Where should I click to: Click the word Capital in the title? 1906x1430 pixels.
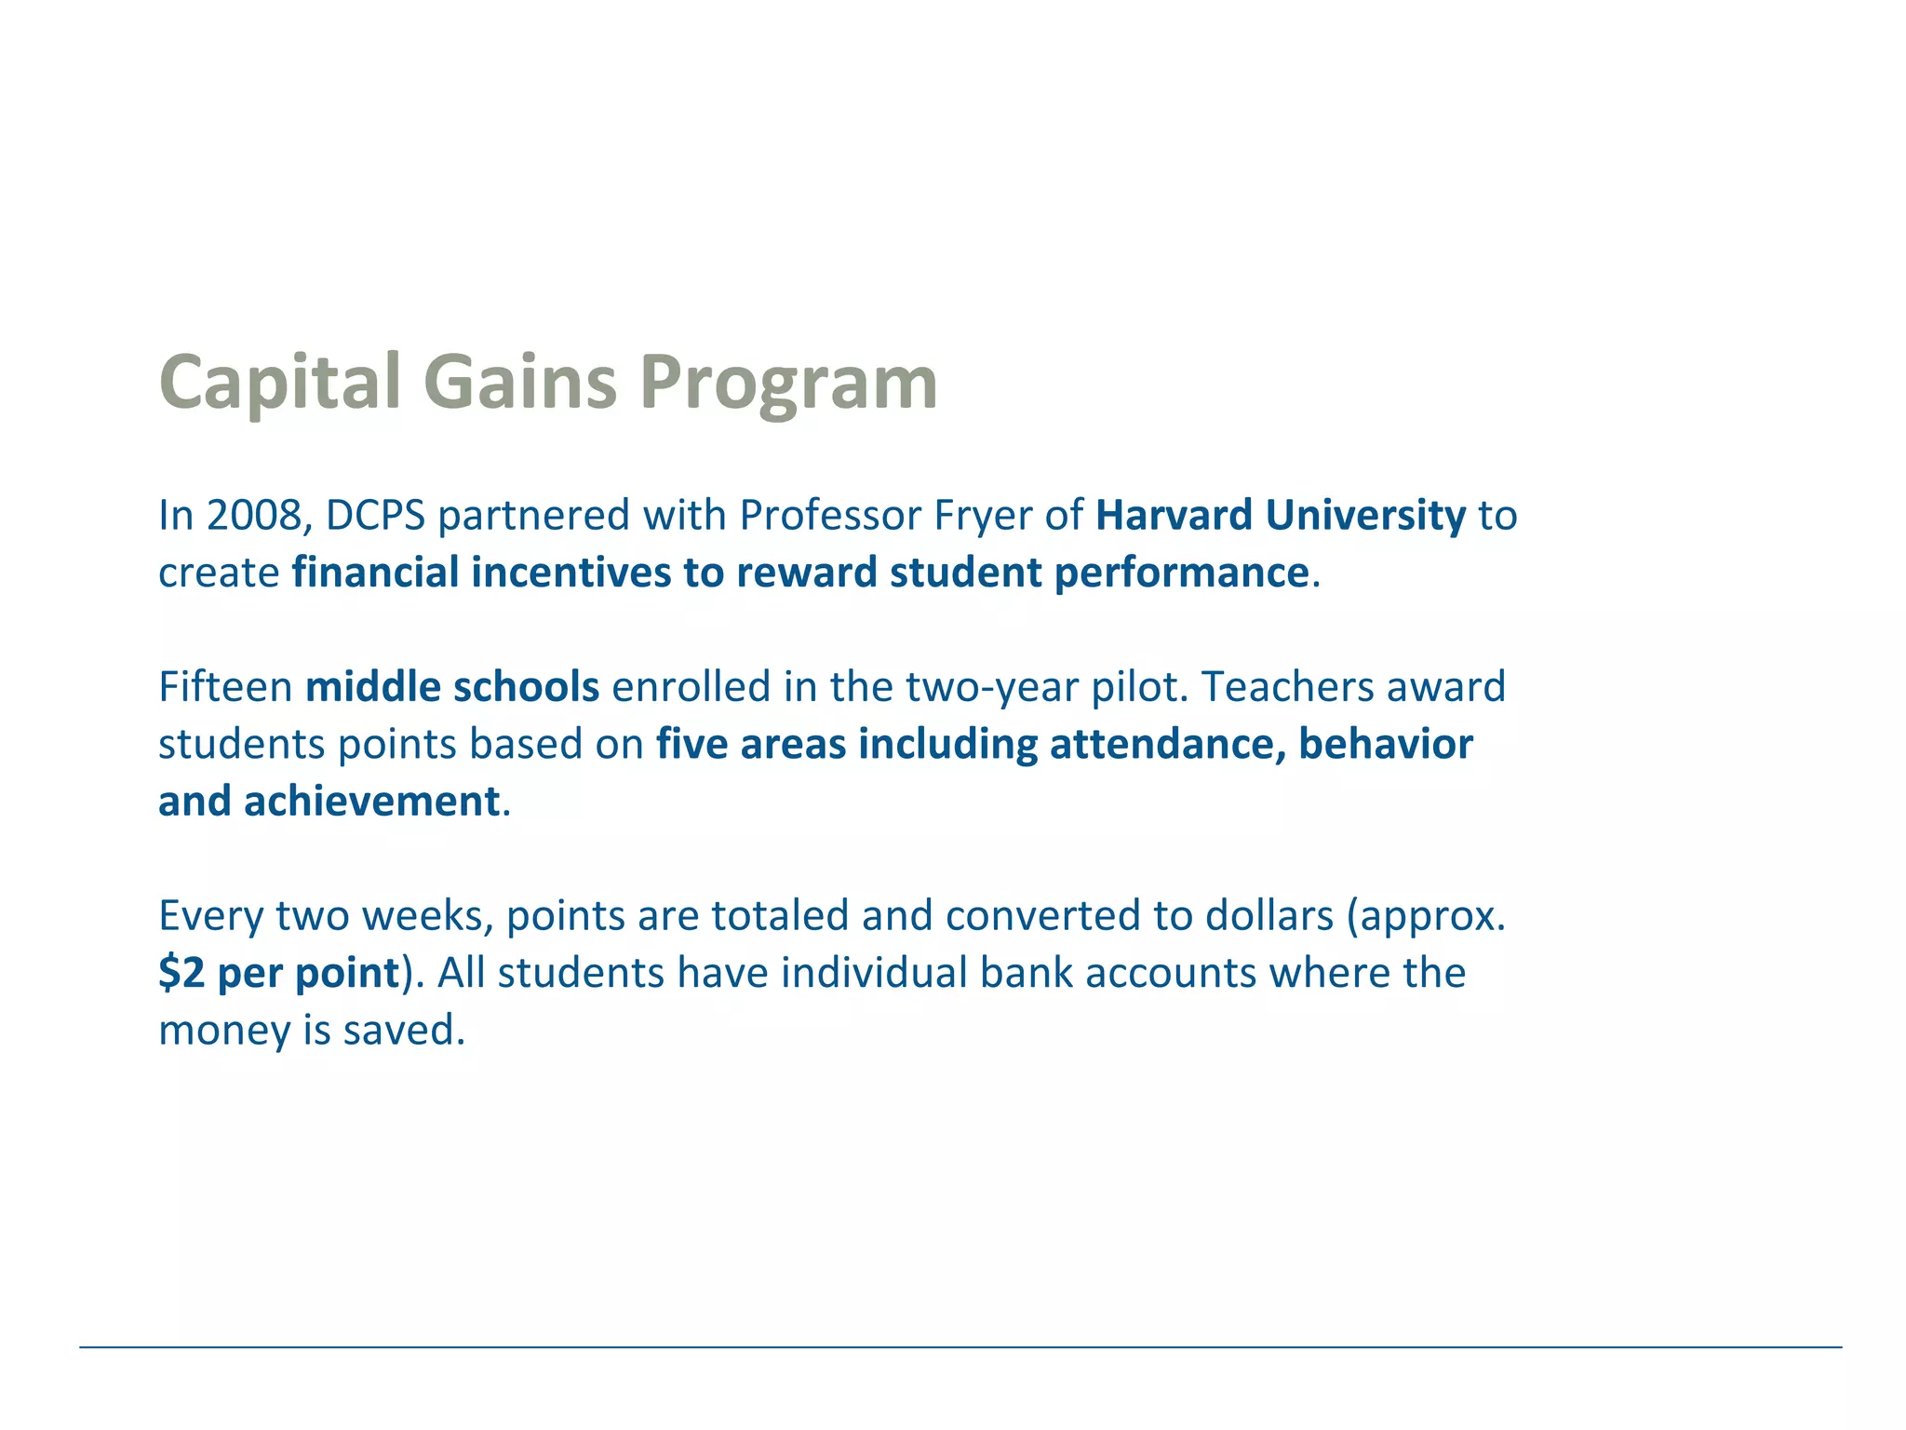[279, 383]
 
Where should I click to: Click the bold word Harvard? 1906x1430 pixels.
[1173, 515]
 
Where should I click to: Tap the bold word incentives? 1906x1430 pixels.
[570, 572]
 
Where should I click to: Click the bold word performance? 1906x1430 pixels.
[1181, 572]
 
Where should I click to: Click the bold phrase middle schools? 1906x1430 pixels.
[452, 686]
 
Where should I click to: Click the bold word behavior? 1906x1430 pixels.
[1386, 744]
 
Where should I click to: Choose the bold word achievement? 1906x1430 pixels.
[372, 801]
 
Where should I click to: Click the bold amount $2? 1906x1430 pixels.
[181, 973]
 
